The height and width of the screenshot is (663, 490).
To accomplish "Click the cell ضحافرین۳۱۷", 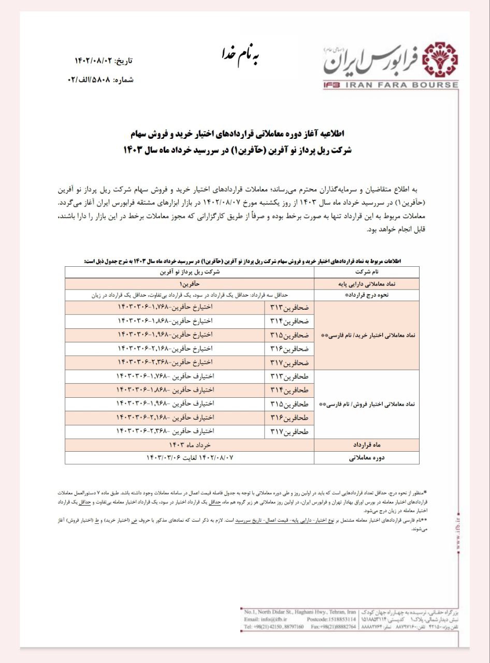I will coord(289,362).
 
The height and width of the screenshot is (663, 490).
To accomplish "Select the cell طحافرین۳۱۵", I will coord(289,403).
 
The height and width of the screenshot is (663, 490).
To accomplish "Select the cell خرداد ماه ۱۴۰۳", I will coord(190,444).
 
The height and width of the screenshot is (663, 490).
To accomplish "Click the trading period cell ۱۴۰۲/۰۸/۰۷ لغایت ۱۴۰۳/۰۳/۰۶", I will coord(190,457).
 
